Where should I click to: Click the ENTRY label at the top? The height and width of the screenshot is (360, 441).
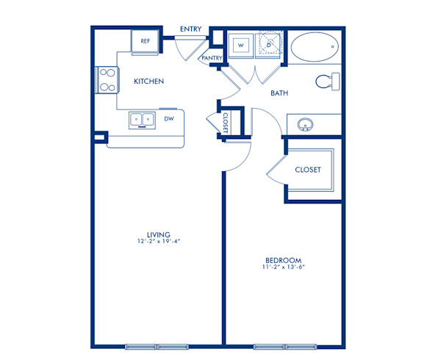191,29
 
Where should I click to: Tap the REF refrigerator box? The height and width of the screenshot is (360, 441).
145,43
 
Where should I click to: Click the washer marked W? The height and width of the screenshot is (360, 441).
240,45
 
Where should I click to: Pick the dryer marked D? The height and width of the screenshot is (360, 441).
269,45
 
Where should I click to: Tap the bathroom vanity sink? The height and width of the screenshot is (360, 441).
304,125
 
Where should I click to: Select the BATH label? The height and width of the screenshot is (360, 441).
279,93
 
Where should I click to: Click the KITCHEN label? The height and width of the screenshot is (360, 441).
148,82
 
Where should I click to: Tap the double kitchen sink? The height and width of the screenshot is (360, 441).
141,118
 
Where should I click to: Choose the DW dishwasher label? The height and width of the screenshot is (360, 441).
169,118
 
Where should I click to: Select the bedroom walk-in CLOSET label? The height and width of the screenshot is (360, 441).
308,170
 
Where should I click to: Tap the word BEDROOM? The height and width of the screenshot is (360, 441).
284,261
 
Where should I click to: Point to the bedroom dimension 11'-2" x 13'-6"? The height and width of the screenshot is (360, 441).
284,268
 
